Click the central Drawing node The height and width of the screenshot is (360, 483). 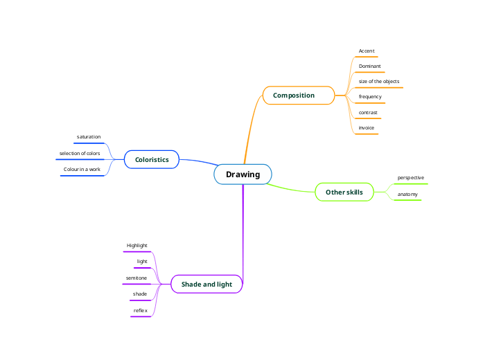tap(243, 174)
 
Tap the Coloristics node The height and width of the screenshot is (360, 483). tap(152, 160)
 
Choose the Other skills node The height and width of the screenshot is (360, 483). tap(344, 192)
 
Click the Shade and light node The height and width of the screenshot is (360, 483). tap(207, 285)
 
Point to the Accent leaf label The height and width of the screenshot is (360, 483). tap(367, 51)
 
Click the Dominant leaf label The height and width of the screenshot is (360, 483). tap(369, 66)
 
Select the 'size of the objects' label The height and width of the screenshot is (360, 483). tap(378, 82)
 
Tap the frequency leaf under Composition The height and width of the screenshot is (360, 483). tap(370, 97)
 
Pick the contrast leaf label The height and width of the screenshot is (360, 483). tap(368, 112)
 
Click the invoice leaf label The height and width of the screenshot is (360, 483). tap(367, 128)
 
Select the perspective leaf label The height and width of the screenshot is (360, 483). tap(410, 178)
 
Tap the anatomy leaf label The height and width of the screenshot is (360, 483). tap(407, 195)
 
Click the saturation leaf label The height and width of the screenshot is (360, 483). tap(89, 137)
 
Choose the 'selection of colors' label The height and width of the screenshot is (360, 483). tap(80, 153)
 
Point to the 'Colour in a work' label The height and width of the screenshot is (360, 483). tap(82, 169)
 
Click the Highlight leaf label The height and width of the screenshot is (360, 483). tap(137, 246)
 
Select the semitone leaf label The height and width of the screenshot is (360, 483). tap(136, 278)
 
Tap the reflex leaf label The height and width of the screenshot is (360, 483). tap(140, 310)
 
